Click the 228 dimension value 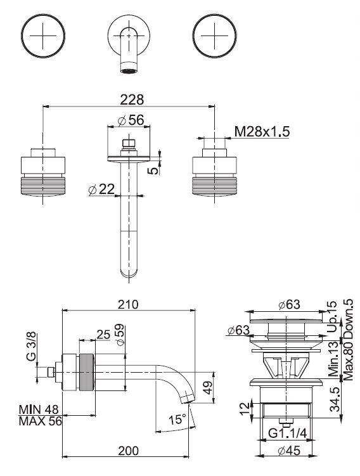point(132,100)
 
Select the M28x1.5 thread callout point(262,131)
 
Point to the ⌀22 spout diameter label point(101,190)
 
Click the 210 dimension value point(128,304)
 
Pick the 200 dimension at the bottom point(128,451)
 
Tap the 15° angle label point(177,420)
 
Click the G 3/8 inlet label point(31,346)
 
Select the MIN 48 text point(39,409)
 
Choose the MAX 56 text point(40,421)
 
